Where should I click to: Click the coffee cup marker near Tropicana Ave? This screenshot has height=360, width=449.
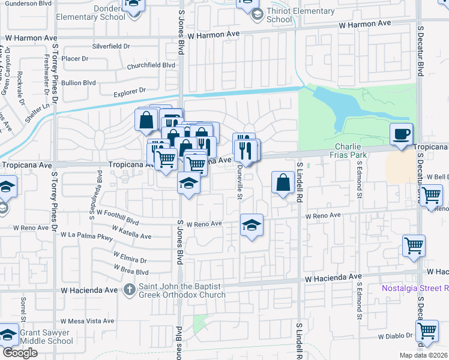(402, 134)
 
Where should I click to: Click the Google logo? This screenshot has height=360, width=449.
(20, 353)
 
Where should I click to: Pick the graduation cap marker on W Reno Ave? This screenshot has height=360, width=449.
(252, 225)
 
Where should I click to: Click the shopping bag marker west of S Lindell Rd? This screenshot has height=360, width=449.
(282, 182)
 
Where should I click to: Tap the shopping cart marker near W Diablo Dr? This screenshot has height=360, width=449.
(426, 330)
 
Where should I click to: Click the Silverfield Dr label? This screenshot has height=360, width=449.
(111, 46)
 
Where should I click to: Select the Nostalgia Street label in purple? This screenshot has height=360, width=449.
(415, 288)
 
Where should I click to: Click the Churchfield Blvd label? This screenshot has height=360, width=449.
(151, 65)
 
